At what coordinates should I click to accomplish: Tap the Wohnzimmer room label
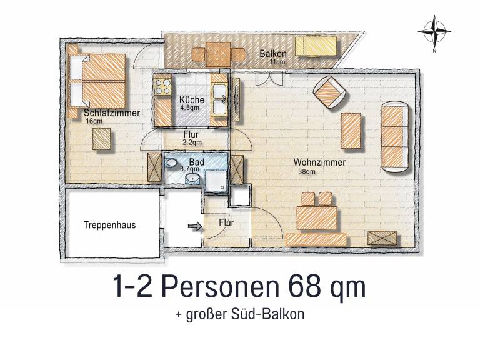pos(319,161)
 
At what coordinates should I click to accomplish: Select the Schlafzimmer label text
pos(111,113)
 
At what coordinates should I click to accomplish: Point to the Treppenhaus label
pos(109,223)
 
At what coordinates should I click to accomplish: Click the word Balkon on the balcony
pos(272,54)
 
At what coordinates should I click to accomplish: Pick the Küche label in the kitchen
pos(190,100)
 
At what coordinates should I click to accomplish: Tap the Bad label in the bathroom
pos(196,162)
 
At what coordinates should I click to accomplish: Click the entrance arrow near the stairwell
pos(194,227)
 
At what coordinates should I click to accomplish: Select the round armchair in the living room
pos(330,91)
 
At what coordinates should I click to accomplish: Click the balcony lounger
pos(317,45)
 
